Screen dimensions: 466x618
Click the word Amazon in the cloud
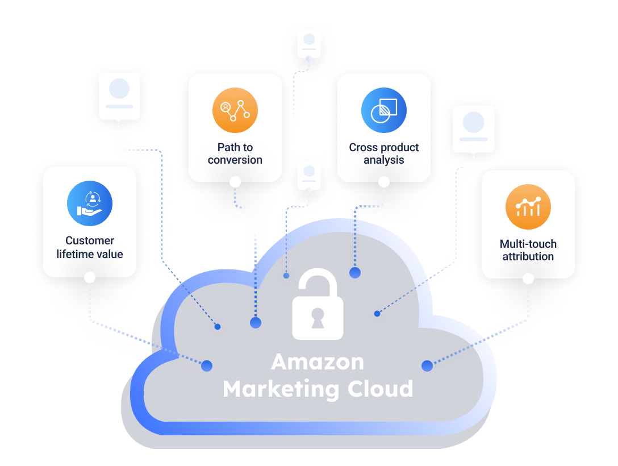(x=318, y=362)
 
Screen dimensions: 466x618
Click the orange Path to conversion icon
(x=235, y=110)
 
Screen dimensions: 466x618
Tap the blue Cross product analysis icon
(x=384, y=110)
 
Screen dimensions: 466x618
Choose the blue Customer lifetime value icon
(x=90, y=203)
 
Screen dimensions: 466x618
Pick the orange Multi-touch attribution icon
(x=528, y=207)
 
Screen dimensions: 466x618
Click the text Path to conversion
(x=235, y=153)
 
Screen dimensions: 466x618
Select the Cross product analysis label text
(x=384, y=153)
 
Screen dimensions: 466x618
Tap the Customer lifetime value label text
(x=90, y=247)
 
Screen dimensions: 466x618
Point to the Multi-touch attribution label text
(x=528, y=250)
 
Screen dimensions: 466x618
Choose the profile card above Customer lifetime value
(x=119, y=95)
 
